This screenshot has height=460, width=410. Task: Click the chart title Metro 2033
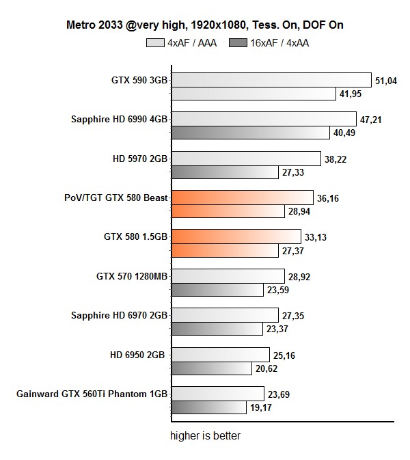[x=204, y=25]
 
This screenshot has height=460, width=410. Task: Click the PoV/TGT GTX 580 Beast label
[x=115, y=198]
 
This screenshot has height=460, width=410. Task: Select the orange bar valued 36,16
[x=242, y=198]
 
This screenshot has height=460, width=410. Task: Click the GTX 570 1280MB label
[x=133, y=277]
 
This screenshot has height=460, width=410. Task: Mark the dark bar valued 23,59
[x=217, y=290]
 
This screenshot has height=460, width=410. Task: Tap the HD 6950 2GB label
[x=140, y=355]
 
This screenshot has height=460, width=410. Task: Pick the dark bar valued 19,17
[x=208, y=407]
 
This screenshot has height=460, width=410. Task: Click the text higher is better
[x=205, y=435]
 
